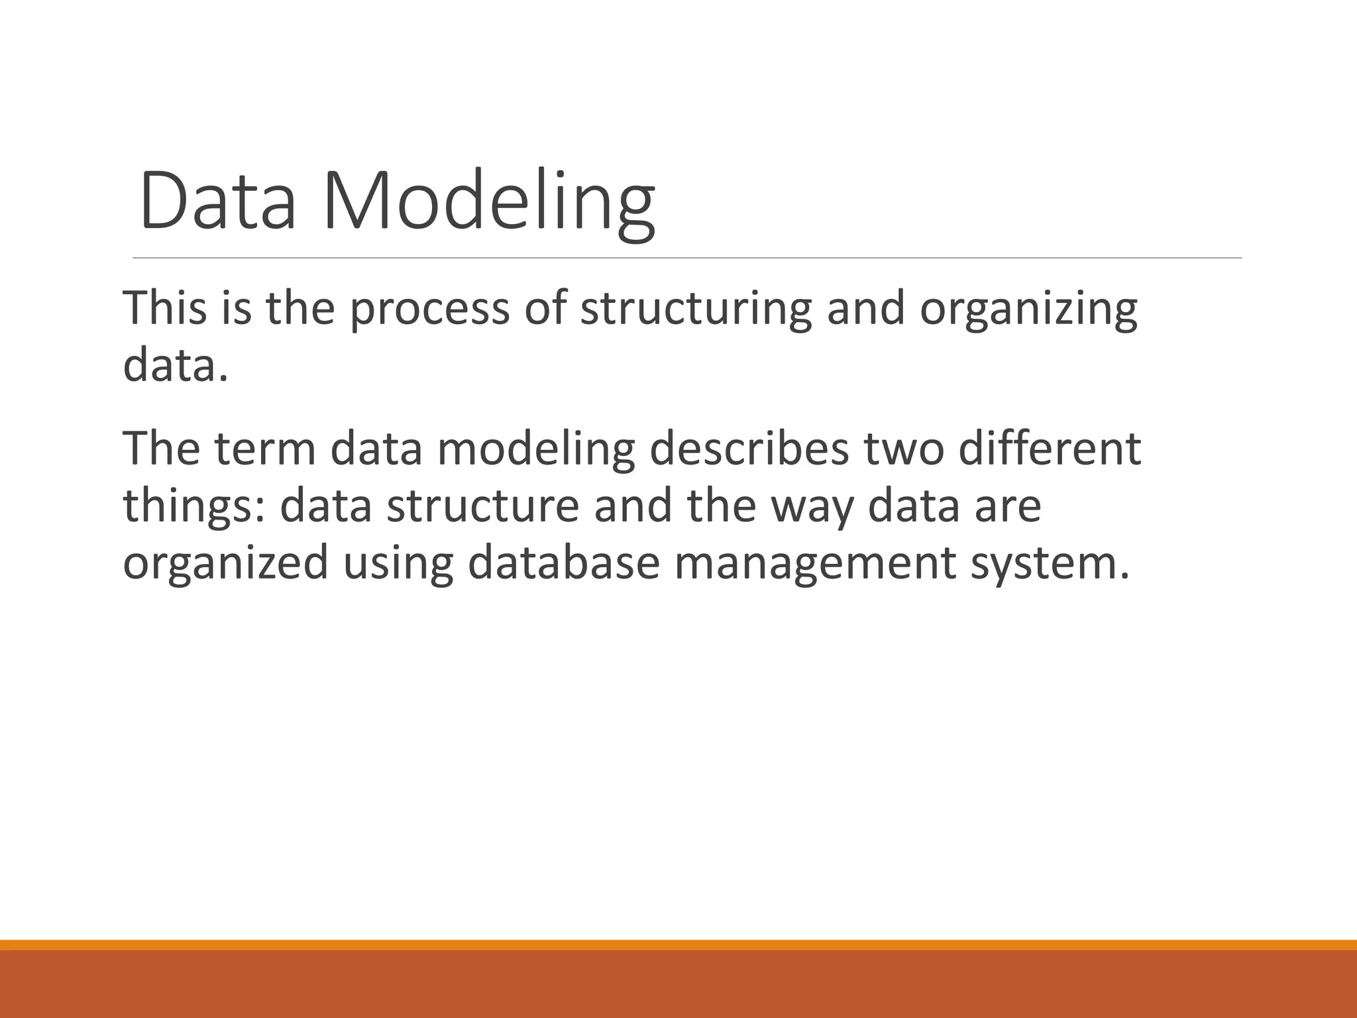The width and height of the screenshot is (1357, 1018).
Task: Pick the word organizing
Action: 1028,310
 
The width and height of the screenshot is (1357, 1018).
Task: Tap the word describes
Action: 749,449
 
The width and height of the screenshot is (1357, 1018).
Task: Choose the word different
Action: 1050,449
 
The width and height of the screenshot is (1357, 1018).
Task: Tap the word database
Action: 563,563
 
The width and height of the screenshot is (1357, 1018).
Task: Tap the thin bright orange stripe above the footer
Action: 678,944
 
